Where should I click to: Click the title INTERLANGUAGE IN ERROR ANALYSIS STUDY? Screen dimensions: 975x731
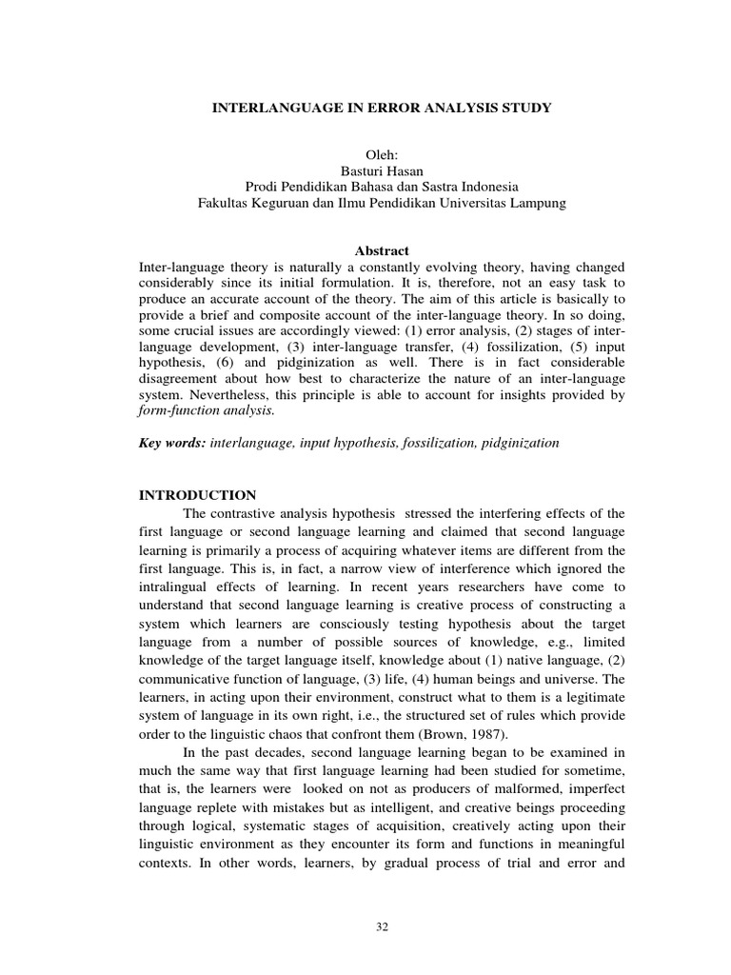pos(381,109)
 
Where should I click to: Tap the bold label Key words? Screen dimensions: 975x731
pos(171,444)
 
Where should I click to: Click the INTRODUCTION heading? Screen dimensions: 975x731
pos(198,495)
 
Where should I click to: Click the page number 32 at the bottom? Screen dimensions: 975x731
pos(382,926)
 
